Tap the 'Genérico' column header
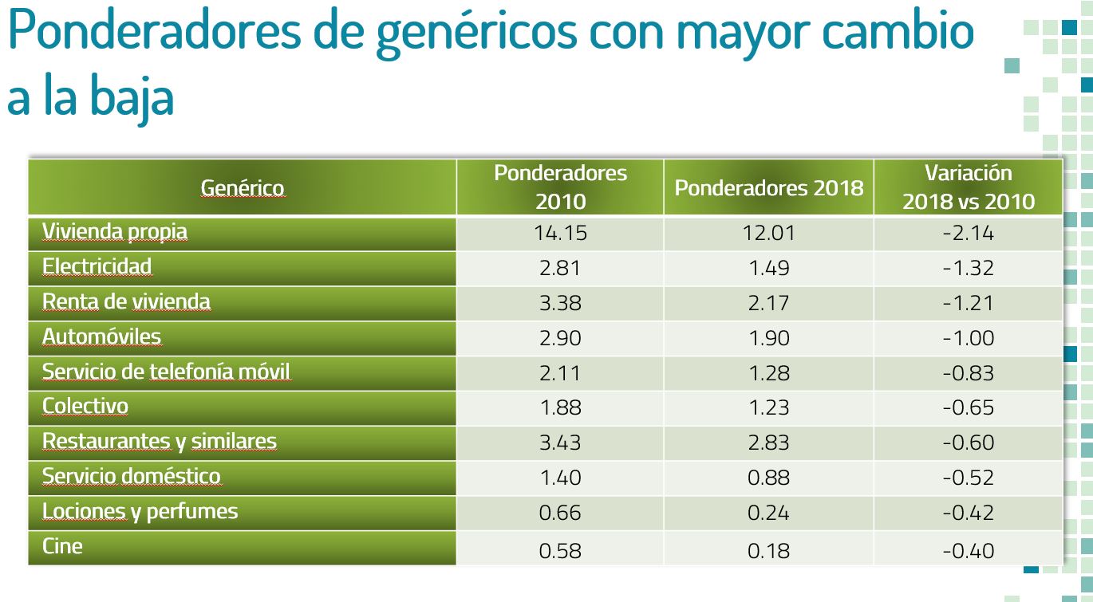point(242,188)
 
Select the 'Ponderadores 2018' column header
point(768,188)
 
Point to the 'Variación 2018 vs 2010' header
point(968,187)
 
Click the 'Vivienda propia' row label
point(115,232)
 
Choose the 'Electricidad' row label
point(97,266)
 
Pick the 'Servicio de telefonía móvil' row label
point(166,372)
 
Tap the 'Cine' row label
point(62,546)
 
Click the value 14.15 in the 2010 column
point(560,233)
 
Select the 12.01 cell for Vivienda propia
point(768,233)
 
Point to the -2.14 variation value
point(968,233)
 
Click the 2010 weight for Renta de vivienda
point(560,304)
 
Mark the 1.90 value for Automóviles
point(768,338)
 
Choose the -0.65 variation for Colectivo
point(968,407)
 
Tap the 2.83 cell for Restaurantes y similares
point(768,443)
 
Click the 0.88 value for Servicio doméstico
point(768,478)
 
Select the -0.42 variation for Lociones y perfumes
point(968,513)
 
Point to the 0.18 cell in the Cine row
point(768,551)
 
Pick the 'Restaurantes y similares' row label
point(159,442)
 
